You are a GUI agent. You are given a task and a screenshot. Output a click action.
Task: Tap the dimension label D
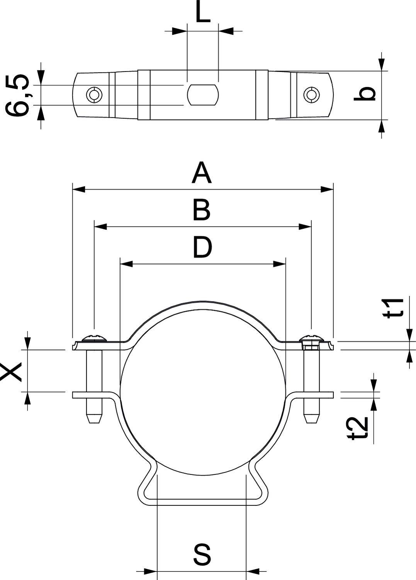click(x=202, y=247)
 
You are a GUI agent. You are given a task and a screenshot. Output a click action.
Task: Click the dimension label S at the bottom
click(x=202, y=554)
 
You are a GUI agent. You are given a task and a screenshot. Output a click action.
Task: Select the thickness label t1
click(x=394, y=307)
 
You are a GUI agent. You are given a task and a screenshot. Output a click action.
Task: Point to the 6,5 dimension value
click(x=17, y=95)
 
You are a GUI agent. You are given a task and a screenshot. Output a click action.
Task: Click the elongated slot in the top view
click(x=203, y=94)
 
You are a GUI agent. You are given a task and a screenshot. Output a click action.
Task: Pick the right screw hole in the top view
click(x=311, y=94)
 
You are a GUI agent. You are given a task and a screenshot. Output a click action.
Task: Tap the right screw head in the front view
click(x=311, y=338)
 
